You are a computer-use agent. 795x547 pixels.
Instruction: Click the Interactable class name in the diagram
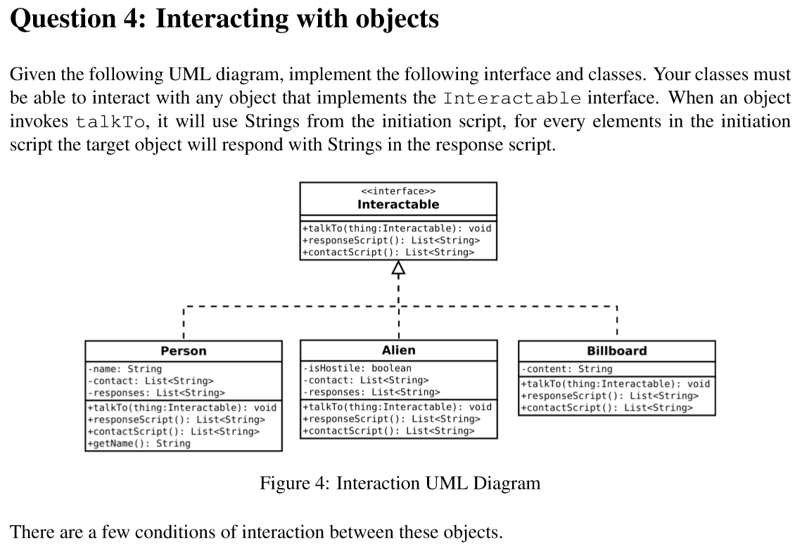pyautogui.click(x=397, y=205)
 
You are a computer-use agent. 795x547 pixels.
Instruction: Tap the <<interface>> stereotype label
pyautogui.click(x=397, y=191)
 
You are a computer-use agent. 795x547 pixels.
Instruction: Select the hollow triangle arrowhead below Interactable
pyautogui.click(x=398, y=268)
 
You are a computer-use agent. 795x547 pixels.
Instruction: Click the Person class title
pyautogui.click(x=184, y=351)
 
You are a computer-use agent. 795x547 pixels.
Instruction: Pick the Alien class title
pyautogui.click(x=398, y=350)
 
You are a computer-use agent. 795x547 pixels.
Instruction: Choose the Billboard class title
pyautogui.click(x=616, y=351)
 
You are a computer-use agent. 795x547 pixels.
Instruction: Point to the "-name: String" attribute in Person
pyautogui.click(x=125, y=368)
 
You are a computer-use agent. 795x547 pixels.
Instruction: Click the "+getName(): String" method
pyautogui.click(x=138, y=443)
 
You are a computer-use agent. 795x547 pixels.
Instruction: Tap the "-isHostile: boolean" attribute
pyautogui.click(x=357, y=368)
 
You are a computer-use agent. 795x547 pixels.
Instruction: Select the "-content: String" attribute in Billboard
pyautogui.click(x=567, y=369)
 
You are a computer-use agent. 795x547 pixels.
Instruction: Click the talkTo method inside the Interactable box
pyautogui.click(x=397, y=228)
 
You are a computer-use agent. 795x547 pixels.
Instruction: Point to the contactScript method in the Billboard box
pyautogui.click(x=606, y=407)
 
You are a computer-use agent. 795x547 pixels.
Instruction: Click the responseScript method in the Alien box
pyautogui.click(x=391, y=418)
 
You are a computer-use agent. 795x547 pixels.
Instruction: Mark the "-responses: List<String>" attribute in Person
pyautogui.click(x=156, y=392)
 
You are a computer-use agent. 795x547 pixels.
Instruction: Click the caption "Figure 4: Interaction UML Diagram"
pyautogui.click(x=400, y=483)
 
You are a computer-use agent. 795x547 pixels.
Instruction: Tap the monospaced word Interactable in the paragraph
pyautogui.click(x=513, y=98)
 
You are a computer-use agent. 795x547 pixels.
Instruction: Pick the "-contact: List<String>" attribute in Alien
pyautogui.click(x=366, y=380)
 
